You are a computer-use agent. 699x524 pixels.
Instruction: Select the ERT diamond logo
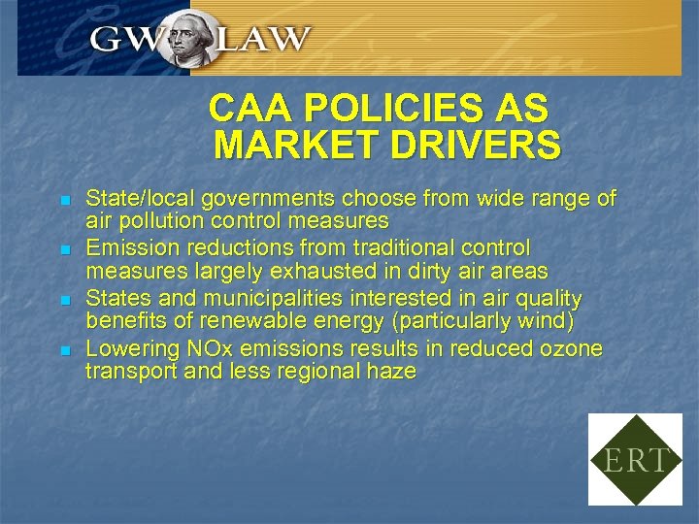[635, 459]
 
